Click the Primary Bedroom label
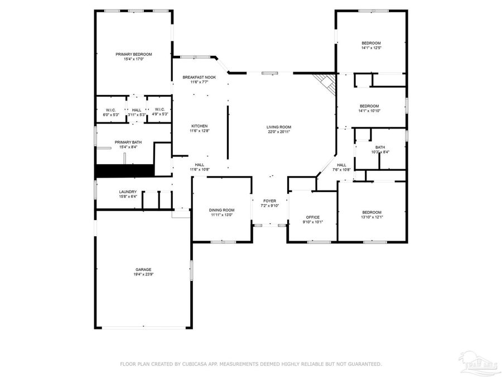coord(133,54)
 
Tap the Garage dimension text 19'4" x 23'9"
coord(143,275)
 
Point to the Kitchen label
coord(199,126)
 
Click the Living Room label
coord(278,127)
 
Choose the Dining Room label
coord(222,210)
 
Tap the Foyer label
coord(269,201)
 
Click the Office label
coord(312,217)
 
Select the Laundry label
coord(127,192)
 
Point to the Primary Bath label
coord(128,142)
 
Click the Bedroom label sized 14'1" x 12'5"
coord(371,43)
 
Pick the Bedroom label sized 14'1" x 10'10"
coord(369,106)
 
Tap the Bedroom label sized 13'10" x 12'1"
coord(372,212)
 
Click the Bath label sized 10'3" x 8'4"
coord(380,147)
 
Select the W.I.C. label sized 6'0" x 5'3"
coord(110,109)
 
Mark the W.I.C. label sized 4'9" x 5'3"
coord(160,109)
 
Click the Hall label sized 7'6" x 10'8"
coord(341,165)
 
